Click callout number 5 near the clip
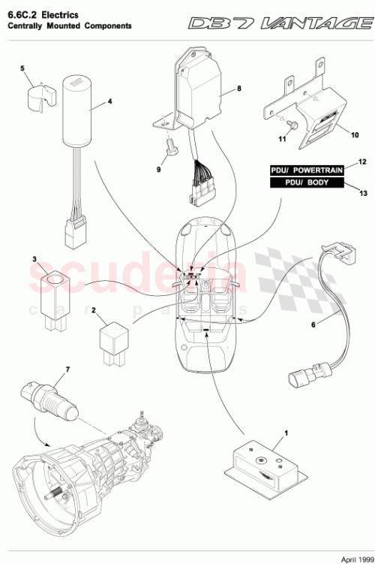[x=22, y=68]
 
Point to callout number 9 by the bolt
[x=158, y=170]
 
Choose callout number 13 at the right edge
[x=363, y=193]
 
